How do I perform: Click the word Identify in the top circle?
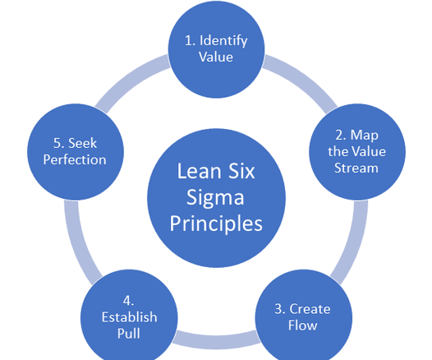coord(223,41)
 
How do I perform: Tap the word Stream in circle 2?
coord(356,168)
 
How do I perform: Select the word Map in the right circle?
coord(364,136)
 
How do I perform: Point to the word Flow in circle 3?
coord(302,325)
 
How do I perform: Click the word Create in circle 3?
coord(310,309)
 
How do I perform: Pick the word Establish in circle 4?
coord(130,317)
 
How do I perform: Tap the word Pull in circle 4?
coord(129,333)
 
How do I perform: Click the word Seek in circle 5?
coord(82,143)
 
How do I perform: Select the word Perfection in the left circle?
coord(75,159)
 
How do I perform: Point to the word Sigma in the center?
coord(215,197)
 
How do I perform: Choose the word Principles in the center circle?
coord(216,224)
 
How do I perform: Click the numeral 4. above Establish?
coord(128,301)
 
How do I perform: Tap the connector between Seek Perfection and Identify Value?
coord(130,80)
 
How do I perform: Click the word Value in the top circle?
coord(216,57)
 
